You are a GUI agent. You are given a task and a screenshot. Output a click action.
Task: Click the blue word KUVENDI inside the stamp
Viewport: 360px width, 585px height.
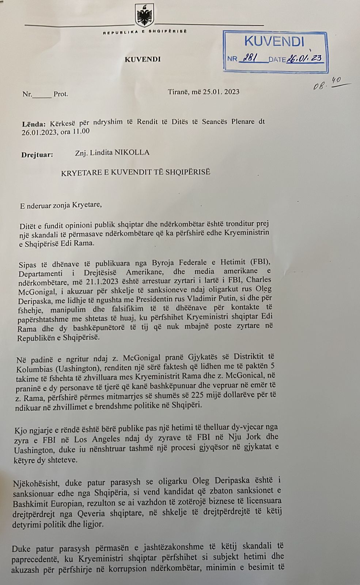[274, 41]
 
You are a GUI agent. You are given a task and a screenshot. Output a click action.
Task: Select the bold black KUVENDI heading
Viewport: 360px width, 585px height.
[143, 59]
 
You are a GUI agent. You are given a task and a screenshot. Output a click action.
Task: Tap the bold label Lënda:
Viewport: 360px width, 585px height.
[34, 123]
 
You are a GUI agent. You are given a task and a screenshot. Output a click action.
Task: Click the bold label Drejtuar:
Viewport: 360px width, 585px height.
[37, 154]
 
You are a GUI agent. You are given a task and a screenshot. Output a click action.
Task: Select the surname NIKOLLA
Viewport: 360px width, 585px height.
[132, 152]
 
